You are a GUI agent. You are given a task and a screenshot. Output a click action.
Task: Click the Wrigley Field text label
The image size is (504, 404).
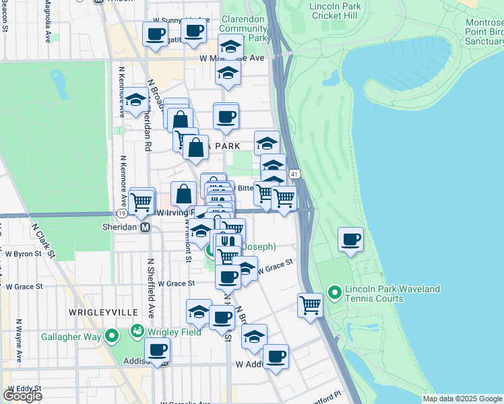[x=175, y=331]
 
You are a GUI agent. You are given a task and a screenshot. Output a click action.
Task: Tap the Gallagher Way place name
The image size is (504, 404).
[x=71, y=336]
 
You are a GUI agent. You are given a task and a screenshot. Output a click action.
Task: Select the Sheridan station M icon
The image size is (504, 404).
[x=145, y=228]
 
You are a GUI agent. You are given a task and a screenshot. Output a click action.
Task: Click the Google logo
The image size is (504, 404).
[x=22, y=395]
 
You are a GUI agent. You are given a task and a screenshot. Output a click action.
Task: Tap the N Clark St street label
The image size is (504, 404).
[x=42, y=239]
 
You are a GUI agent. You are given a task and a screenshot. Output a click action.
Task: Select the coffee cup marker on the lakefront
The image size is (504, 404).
[x=350, y=240]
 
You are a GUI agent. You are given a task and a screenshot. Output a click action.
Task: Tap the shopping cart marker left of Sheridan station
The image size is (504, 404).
[x=141, y=200]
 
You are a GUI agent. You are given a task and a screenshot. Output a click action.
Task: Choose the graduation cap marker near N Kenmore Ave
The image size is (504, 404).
[x=135, y=102]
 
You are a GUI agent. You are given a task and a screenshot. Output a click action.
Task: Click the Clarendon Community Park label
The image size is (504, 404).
[x=244, y=29]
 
